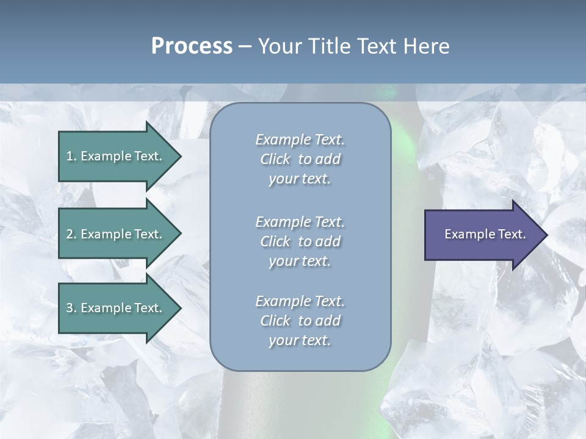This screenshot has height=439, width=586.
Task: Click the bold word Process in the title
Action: (x=192, y=46)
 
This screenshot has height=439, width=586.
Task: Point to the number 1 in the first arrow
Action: (x=70, y=156)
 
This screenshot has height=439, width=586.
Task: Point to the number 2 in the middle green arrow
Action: (x=70, y=234)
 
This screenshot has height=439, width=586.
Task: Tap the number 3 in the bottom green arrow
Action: (x=70, y=308)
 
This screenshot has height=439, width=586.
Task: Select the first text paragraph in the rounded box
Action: (x=300, y=159)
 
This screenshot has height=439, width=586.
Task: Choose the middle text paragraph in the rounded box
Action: (x=300, y=241)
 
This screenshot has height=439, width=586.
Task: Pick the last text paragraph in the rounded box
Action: (x=300, y=321)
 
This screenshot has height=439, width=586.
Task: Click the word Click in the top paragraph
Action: (x=275, y=159)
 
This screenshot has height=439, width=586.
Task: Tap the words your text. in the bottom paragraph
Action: (x=300, y=341)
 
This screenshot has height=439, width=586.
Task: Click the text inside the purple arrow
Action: (x=485, y=234)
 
